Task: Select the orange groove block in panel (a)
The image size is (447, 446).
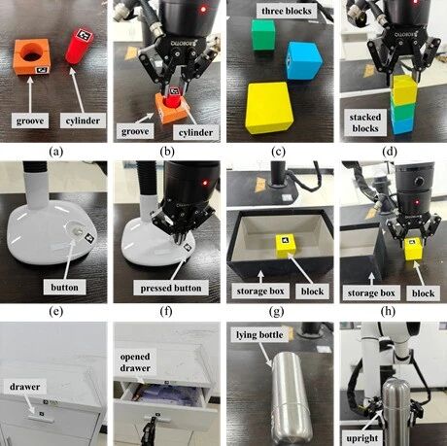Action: point(31,57)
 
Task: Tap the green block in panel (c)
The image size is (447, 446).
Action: point(263,35)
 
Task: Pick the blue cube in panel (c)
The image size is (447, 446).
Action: point(303,60)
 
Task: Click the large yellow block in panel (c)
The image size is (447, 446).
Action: point(270,107)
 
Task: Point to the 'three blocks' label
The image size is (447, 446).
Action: point(286,11)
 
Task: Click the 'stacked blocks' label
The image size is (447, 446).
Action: point(365,122)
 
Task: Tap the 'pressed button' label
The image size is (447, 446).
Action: point(171,288)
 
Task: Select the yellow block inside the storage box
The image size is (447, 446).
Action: point(287,246)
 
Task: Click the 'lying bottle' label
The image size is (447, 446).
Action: point(259,334)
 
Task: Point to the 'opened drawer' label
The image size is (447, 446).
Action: point(135,362)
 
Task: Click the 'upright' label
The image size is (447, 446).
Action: point(361,438)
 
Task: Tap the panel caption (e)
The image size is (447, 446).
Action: point(55,312)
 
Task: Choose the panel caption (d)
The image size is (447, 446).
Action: point(389,152)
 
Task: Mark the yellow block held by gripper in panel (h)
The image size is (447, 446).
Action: point(413,249)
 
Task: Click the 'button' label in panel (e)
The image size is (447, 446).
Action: point(64,288)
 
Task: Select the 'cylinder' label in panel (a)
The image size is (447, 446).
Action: point(83,120)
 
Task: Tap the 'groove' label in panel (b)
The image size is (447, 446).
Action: point(135,131)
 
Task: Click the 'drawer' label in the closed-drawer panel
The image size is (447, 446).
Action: point(24,387)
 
